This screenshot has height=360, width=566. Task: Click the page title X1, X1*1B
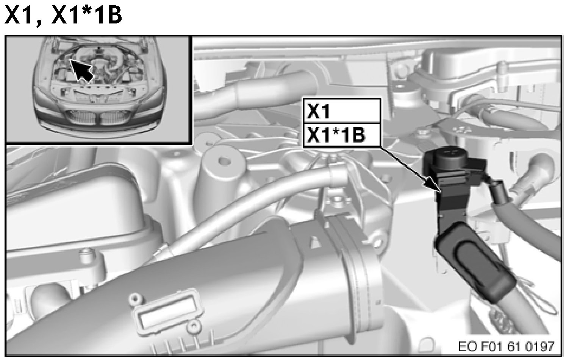pos(63,15)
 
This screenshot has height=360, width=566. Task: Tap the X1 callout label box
pos(342,111)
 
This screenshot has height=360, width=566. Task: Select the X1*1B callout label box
pos(342,135)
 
